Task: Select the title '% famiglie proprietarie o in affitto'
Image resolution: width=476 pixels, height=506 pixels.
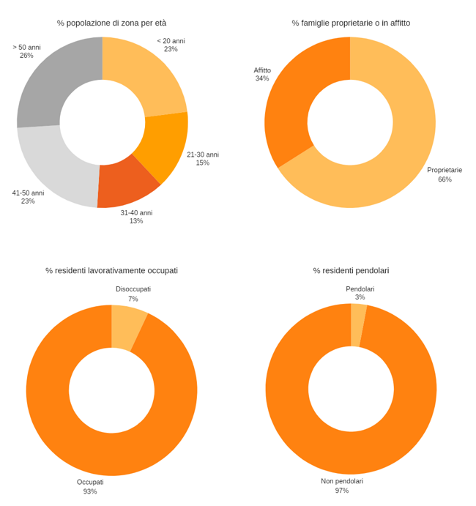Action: tap(351, 23)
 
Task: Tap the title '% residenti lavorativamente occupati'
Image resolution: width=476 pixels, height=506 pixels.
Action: tap(111, 271)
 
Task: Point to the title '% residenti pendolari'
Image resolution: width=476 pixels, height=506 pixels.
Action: tap(351, 271)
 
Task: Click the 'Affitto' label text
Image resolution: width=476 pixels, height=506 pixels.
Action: tap(262, 70)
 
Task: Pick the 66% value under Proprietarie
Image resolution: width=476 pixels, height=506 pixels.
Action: tap(445, 179)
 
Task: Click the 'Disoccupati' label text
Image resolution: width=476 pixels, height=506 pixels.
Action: tap(133, 289)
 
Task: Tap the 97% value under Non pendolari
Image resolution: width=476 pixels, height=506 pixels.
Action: tap(342, 491)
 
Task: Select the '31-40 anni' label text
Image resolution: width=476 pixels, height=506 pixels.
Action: tap(136, 213)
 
